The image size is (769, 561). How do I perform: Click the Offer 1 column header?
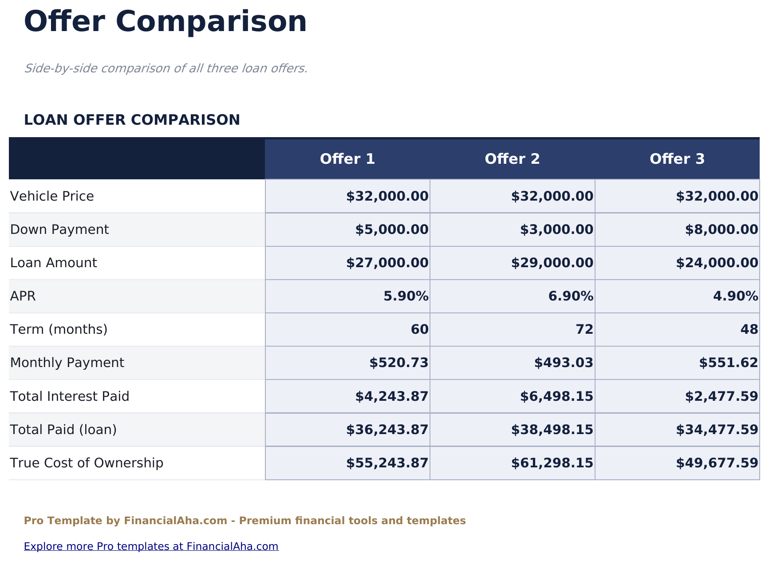347,159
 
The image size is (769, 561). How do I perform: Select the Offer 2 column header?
512,159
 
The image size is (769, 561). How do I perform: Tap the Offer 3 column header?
677,159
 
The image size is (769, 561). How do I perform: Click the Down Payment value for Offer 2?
556,229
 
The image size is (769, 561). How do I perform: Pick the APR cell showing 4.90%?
735,296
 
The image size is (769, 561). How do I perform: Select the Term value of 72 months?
584,329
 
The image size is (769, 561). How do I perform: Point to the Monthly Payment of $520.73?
398,363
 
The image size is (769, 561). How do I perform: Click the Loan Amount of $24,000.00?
717,263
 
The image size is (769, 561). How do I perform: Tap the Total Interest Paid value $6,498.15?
556,396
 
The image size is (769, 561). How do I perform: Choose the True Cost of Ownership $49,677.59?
717,463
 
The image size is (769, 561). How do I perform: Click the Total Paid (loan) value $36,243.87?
387,430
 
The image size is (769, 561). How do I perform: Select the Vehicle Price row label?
52,196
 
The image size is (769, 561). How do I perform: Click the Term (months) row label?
59,329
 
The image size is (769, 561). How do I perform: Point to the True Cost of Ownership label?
87,463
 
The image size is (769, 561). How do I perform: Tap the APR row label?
23,296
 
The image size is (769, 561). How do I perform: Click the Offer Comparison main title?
165,21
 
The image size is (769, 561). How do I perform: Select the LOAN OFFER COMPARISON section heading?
132,120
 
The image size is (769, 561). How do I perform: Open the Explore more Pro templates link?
151,546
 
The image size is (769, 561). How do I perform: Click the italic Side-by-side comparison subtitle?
166,68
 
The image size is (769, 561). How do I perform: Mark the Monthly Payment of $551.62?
728,363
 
